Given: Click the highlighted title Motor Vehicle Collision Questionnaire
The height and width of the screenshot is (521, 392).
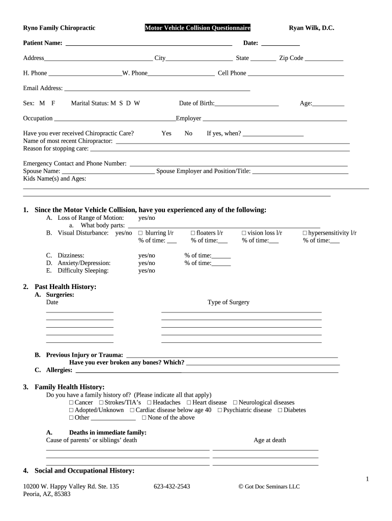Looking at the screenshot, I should [198, 28].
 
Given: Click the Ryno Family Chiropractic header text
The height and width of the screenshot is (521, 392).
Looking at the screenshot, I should [59, 28].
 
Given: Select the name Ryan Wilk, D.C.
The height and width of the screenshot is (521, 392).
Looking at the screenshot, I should [312, 28].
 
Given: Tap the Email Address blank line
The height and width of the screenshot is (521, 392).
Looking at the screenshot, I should [157, 89].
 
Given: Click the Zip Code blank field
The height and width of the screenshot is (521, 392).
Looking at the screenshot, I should [324, 59].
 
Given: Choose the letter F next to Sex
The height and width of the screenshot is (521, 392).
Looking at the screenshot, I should [53, 103].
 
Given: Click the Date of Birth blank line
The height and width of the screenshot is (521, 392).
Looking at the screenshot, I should [247, 104].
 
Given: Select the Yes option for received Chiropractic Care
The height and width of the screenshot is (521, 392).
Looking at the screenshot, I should [166, 133].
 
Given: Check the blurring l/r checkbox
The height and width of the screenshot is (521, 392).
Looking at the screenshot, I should [141, 233].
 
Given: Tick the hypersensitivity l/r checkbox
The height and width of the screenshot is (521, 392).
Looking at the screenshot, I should [304, 233].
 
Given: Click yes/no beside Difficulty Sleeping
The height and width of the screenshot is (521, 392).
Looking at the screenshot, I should [147, 271].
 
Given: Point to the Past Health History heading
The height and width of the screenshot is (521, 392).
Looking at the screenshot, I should [65, 287].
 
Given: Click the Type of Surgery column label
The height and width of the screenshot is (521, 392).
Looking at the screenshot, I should [229, 302].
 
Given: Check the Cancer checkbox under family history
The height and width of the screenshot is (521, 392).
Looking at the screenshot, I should [71, 402].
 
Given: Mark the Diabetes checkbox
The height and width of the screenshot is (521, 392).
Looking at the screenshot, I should [280, 410].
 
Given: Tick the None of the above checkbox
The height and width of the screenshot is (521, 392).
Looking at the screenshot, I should [144, 418].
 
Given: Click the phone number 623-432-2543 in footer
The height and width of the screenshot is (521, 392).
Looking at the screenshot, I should [172, 486].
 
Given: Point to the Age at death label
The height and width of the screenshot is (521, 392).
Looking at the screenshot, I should [270, 440].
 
